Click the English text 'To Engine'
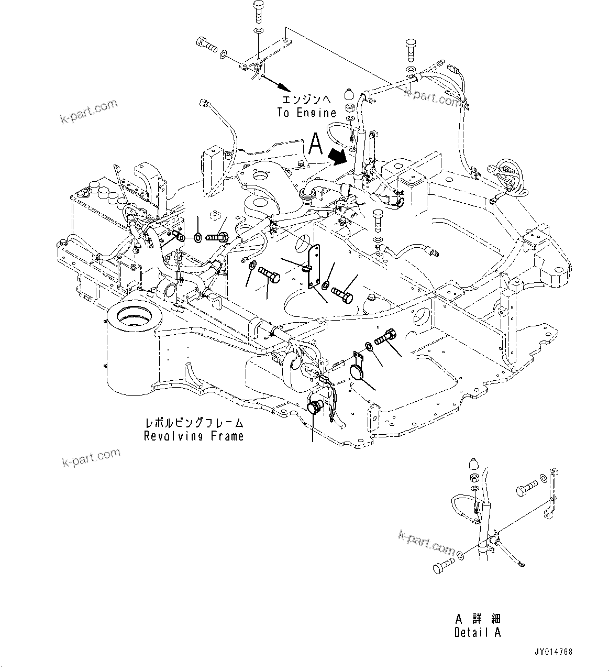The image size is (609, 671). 306,113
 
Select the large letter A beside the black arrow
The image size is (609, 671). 315,144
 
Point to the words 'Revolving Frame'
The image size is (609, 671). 194,436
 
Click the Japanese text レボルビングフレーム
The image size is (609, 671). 194,423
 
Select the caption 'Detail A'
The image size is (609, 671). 477,632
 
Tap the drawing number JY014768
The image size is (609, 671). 553,652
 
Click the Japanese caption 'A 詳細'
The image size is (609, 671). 477,619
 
